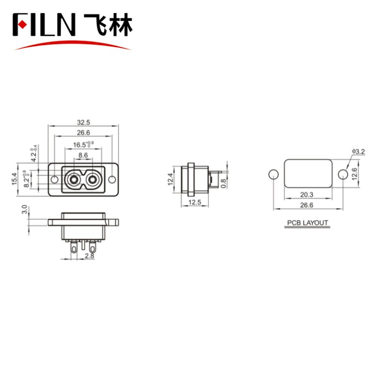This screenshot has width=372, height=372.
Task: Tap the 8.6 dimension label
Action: tap(83, 155)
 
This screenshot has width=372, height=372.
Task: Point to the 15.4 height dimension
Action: tap(14, 180)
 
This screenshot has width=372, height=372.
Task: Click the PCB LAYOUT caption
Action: tap(308, 223)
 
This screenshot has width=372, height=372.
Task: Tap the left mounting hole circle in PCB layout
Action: tap(274, 174)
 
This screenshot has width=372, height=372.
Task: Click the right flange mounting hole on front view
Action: tap(113, 180)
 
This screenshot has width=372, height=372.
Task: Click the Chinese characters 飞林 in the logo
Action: tap(108, 24)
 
